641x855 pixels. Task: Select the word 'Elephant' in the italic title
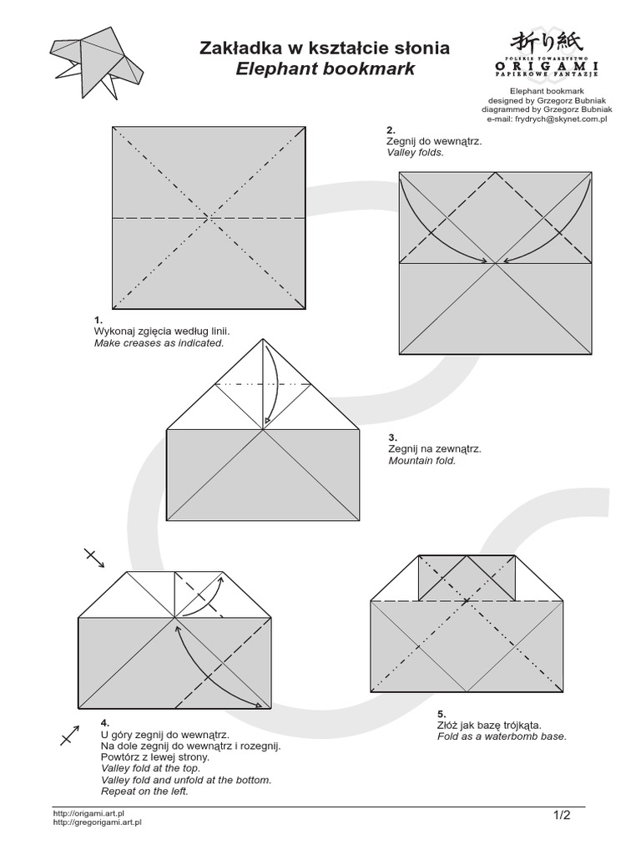click(x=274, y=69)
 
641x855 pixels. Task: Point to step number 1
click(x=98, y=320)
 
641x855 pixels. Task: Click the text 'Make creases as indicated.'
click(x=159, y=343)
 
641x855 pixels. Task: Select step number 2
click(x=390, y=130)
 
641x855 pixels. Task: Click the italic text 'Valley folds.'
click(x=415, y=154)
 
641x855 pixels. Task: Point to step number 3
click(x=392, y=437)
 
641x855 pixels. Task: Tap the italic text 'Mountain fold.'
click(x=421, y=460)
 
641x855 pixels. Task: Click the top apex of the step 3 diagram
click(x=264, y=340)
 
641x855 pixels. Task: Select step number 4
click(x=104, y=721)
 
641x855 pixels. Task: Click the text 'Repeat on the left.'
click(x=144, y=791)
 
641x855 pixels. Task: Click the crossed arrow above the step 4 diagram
click(x=93, y=558)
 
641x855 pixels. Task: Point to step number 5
click(x=442, y=714)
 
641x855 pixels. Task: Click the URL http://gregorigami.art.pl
click(x=97, y=822)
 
